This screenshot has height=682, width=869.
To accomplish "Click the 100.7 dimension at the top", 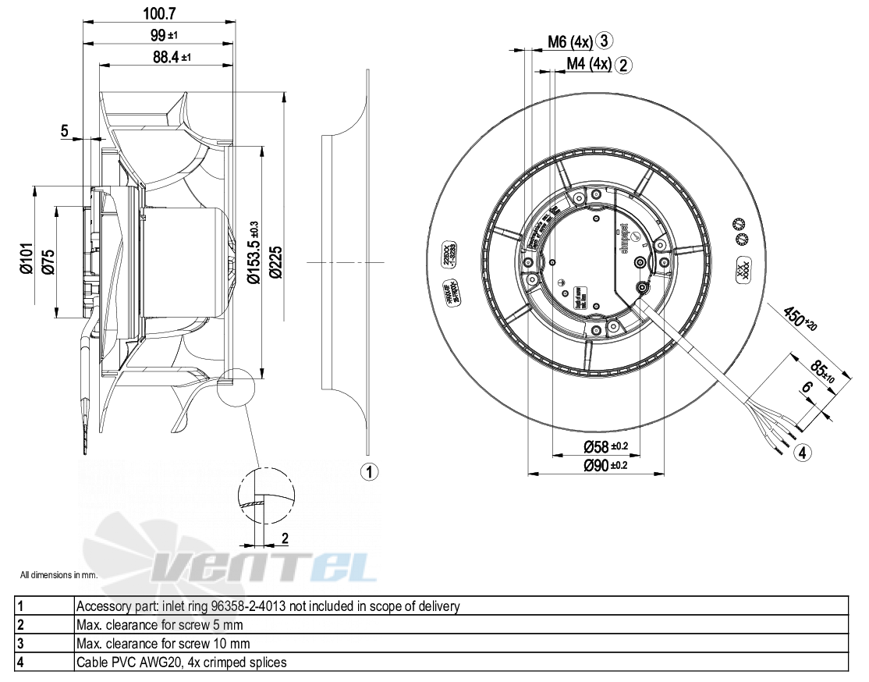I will [x=158, y=14].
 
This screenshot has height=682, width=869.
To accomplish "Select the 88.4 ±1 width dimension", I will [x=166, y=57].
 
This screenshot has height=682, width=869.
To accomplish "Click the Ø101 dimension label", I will [x=27, y=258].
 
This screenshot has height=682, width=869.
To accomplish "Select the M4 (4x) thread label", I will [x=588, y=64].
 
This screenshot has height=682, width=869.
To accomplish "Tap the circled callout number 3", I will [x=605, y=41].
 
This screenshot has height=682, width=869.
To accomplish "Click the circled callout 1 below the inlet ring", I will [x=369, y=471].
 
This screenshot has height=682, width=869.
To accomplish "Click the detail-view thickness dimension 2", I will [x=285, y=538].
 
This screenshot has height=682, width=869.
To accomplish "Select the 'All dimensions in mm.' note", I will [x=59, y=575].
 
